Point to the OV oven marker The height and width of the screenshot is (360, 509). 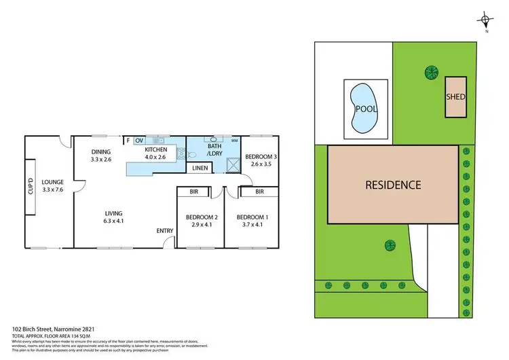139,141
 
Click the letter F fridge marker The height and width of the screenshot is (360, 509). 128,141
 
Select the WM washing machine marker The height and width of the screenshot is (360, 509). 234,141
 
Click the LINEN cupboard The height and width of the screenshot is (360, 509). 200,168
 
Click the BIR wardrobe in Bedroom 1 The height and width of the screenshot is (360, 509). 259,192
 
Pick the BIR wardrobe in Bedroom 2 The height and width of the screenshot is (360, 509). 193,192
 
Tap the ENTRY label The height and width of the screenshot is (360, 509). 166,231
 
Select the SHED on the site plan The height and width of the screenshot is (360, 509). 455,96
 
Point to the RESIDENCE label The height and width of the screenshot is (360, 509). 394,184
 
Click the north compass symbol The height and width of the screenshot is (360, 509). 484,19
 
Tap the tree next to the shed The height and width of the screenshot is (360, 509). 430,70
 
